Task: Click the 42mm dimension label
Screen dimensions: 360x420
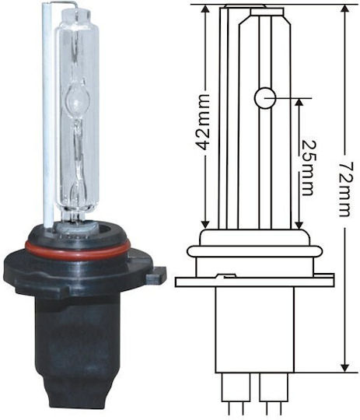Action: click(202, 126)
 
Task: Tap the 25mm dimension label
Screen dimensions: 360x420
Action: click(308, 168)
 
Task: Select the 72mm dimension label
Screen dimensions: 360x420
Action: click(345, 189)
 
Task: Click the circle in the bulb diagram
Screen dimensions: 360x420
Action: click(265, 98)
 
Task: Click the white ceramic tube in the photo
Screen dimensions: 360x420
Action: click(49, 115)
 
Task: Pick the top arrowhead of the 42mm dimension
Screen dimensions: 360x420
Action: click(205, 11)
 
